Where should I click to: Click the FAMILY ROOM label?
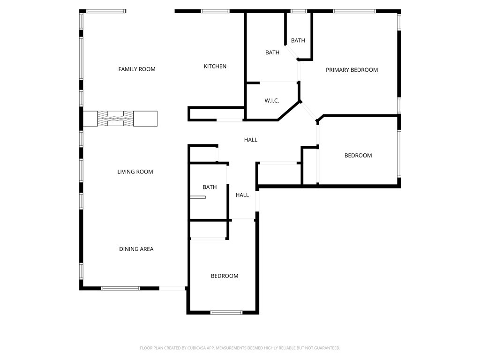136,69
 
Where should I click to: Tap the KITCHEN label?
215,67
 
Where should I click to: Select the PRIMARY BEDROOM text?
352,70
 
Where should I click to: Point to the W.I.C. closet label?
272,101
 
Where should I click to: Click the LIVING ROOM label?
135,172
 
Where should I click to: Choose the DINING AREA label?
136,249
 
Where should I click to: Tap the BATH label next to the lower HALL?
210,187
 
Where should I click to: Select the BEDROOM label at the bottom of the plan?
224,276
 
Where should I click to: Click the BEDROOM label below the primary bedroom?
358,156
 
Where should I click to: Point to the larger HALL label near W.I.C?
250,140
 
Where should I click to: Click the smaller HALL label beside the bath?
242,195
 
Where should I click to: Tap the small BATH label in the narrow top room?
298,41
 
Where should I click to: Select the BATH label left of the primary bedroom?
272,52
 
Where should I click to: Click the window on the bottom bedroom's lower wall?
226,312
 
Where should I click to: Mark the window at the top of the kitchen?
215,11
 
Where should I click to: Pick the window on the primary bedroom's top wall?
354,11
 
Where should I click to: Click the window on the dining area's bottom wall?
120,288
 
